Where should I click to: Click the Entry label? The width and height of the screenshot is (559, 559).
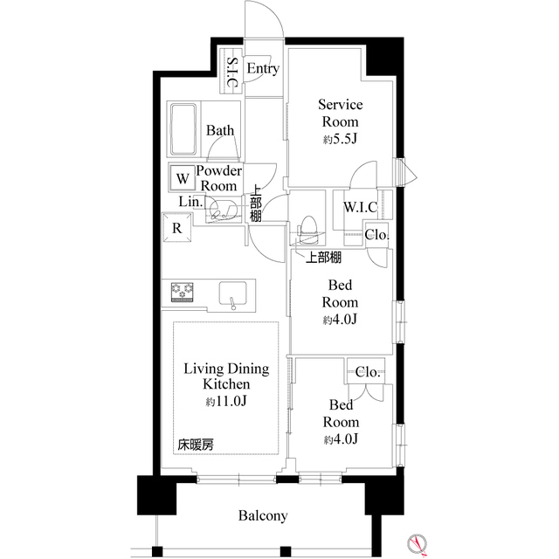263,68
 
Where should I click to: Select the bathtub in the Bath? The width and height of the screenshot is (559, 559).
183,128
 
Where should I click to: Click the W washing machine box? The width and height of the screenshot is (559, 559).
182,178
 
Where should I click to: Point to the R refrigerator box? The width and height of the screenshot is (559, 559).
176,229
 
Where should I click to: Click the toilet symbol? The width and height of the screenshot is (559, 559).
309,229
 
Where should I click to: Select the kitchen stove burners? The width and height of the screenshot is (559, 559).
182,292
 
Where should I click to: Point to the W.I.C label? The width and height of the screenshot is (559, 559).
361,207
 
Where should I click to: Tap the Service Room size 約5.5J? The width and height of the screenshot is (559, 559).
341,138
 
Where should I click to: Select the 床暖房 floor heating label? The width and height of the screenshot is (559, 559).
195,445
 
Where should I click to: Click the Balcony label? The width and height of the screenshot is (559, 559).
263,515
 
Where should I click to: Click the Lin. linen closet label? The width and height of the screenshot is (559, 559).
191,202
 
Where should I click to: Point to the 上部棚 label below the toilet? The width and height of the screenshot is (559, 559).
323,258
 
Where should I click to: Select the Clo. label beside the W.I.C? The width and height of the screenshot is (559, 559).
377,234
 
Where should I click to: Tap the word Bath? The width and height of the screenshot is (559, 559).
220,131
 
